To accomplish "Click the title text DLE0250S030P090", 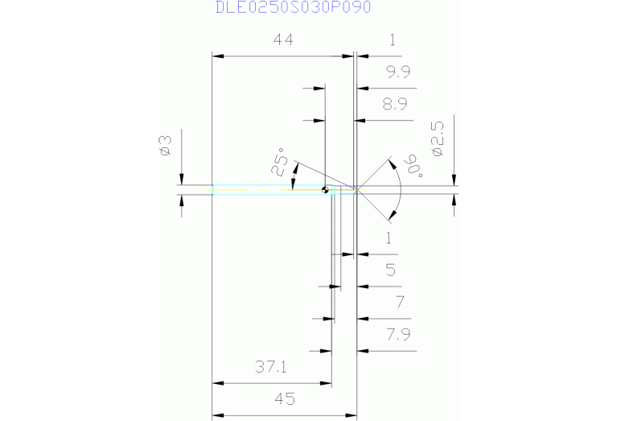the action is coord(293,7).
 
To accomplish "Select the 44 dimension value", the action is coord(282,39).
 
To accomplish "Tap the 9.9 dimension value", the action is coord(397,72).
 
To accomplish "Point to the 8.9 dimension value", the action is coord(395,104).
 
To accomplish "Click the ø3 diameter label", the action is coord(164,145).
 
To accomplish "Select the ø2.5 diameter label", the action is coord(438,138).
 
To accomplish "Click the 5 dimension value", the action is coord(391,270).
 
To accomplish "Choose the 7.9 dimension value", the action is coord(398,334).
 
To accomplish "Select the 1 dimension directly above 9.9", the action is coord(392,39).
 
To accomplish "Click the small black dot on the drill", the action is coord(325,191).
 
